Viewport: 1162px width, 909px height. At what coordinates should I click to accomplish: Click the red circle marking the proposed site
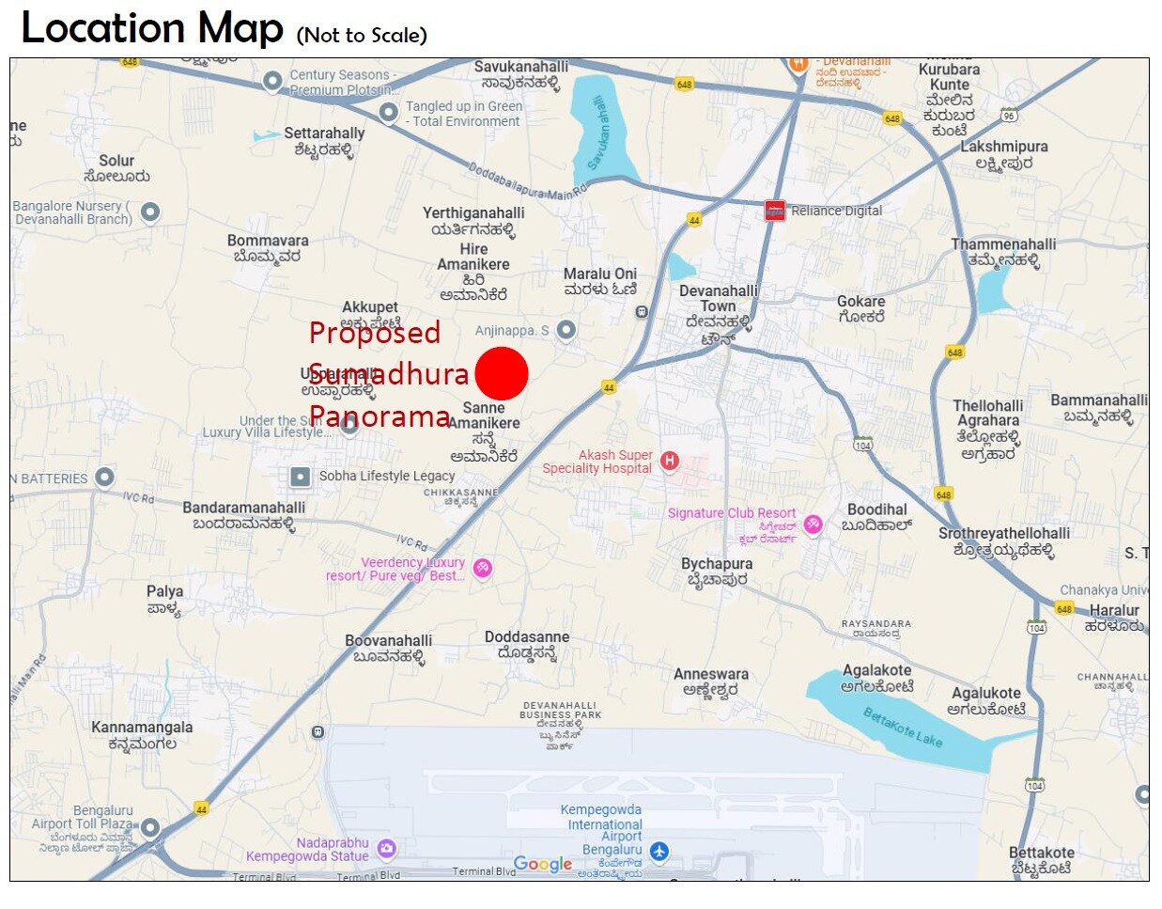502,373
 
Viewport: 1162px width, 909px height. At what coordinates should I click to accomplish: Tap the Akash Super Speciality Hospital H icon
670,461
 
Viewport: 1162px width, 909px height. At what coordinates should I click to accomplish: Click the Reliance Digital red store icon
775,210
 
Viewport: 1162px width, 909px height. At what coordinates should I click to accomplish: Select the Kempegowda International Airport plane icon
659,852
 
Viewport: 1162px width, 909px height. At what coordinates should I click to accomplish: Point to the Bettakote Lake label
902,727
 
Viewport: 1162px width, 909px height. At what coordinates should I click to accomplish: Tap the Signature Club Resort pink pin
813,525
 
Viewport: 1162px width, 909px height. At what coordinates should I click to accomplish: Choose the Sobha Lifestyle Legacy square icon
300,477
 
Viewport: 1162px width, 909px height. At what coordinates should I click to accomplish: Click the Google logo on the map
543,864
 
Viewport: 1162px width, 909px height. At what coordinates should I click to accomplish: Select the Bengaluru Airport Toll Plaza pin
149,828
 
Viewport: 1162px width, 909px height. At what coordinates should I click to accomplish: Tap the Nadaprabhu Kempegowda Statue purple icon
386,849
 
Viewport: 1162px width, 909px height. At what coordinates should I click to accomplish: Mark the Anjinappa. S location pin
566,330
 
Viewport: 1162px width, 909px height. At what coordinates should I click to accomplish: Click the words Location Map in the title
152,28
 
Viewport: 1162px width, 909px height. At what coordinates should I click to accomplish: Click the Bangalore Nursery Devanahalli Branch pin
150,212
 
